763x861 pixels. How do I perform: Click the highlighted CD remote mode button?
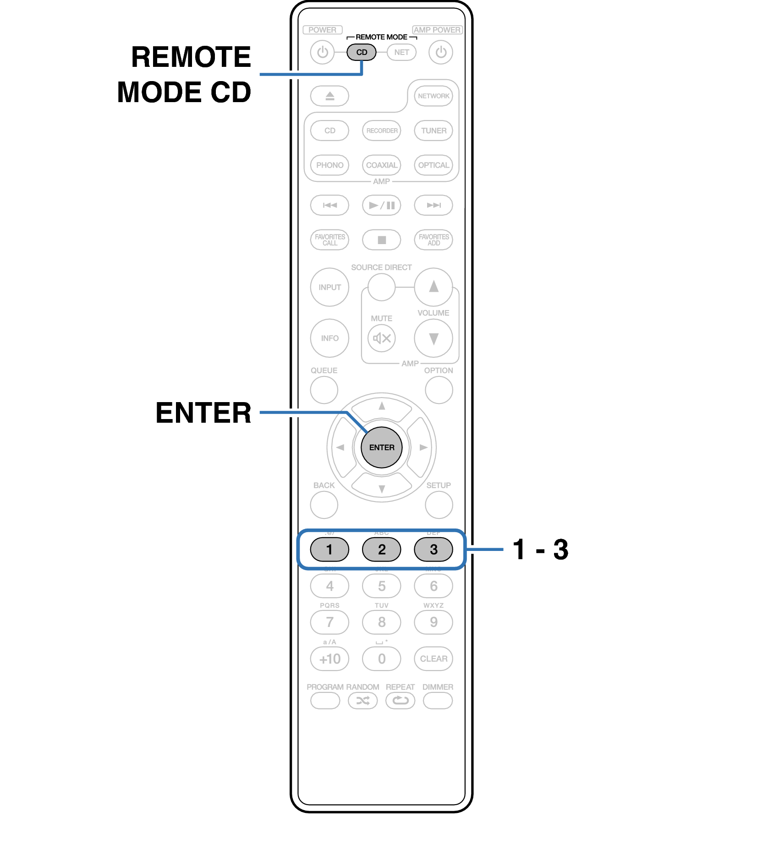click(x=361, y=52)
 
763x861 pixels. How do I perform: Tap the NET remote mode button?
click(x=401, y=52)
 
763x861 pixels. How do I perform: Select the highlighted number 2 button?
click(x=381, y=549)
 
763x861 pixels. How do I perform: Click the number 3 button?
click(x=433, y=549)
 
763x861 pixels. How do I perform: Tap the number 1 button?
click(x=329, y=549)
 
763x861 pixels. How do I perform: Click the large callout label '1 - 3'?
click(x=540, y=549)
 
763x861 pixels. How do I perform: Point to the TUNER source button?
click(x=433, y=131)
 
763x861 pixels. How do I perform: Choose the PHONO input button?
click(x=329, y=165)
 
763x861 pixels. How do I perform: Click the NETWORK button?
click(x=433, y=96)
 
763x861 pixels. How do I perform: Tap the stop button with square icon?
click(x=381, y=240)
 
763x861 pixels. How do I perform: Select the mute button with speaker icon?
click(x=381, y=338)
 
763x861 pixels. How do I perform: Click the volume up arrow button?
click(x=433, y=287)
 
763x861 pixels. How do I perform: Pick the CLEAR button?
click(x=433, y=659)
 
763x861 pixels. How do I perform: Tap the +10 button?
click(x=329, y=659)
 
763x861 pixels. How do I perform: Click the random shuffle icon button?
click(x=362, y=700)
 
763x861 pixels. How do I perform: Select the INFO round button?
click(x=329, y=338)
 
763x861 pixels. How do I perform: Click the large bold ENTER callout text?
click(x=203, y=413)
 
